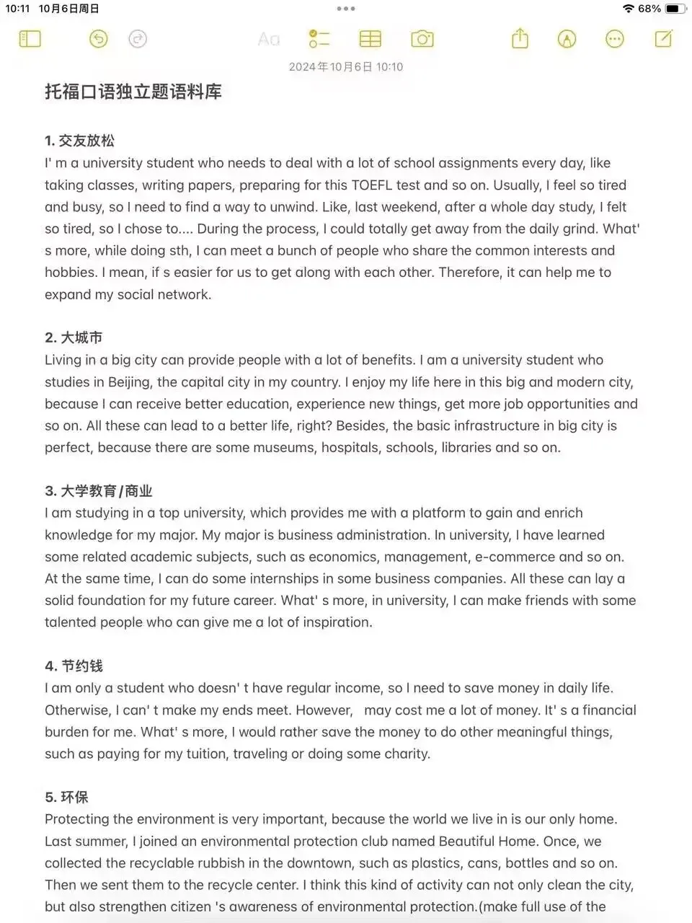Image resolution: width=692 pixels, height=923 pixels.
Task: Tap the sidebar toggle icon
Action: tap(30, 39)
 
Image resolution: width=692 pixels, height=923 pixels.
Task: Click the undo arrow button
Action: tap(99, 39)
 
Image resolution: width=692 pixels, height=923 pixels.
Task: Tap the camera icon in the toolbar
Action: tap(422, 39)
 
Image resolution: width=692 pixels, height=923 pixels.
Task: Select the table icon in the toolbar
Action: tap(371, 39)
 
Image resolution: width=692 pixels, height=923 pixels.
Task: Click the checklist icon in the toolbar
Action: tap(319, 39)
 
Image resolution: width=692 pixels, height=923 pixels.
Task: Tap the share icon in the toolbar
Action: tap(520, 39)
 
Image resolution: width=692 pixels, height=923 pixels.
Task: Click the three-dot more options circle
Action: tap(615, 39)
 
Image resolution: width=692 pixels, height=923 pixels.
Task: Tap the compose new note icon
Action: tap(663, 39)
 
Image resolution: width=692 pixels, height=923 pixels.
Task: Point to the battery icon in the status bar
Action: tap(675, 9)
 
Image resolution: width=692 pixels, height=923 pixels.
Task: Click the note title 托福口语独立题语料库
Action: tap(133, 92)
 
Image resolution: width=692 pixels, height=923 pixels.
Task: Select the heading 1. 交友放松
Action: tap(79, 141)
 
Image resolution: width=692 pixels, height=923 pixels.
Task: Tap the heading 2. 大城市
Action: tap(74, 337)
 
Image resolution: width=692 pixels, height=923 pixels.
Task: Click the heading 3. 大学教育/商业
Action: tap(99, 491)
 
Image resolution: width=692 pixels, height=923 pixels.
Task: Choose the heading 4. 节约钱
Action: tap(74, 666)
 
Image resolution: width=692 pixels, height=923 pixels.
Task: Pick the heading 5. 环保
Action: tap(66, 797)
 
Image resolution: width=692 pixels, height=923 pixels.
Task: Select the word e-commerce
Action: tap(514, 557)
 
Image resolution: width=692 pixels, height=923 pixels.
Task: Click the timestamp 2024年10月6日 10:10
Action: tap(346, 67)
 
